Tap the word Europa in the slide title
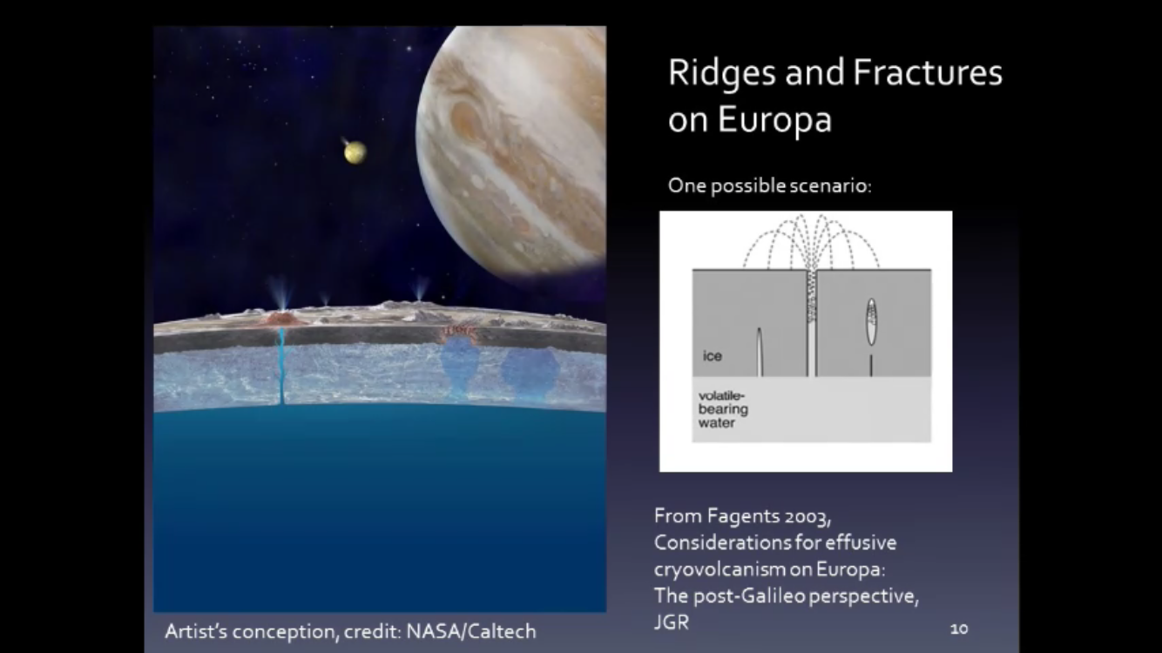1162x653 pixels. click(x=775, y=120)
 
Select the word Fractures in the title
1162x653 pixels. click(x=928, y=72)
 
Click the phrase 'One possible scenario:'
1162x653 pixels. click(x=770, y=185)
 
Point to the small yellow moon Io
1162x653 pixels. click(x=355, y=152)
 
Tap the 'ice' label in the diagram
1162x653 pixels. click(x=713, y=356)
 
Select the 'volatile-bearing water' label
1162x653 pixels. click(x=723, y=409)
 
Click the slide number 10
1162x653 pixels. click(x=959, y=629)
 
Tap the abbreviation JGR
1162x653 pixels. click(x=672, y=622)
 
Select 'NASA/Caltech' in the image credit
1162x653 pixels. click(x=471, y=631)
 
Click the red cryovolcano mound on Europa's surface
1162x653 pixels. click(x=281, y=319)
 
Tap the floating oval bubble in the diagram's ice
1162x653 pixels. click(x=871, y=321)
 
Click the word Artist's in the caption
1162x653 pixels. click(x=196, y=631)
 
